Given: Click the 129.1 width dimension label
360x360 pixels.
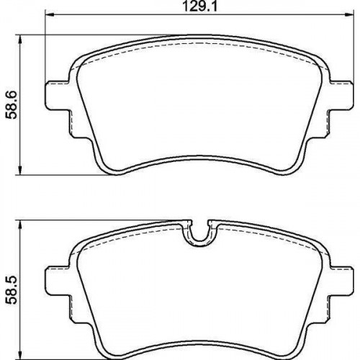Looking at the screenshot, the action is (199, 6).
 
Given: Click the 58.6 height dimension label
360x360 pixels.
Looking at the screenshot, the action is (12, 104).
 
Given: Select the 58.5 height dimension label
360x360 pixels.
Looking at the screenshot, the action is (12, 290).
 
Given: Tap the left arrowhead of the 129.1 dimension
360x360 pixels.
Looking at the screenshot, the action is (50, 15).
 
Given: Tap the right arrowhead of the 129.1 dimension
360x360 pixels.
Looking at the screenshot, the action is (349, 15).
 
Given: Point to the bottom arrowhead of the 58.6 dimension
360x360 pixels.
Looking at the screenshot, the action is (20, 171).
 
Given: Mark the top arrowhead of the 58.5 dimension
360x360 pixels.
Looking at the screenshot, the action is (20, 225).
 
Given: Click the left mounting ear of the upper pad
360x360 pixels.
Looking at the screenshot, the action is (58, 95).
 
